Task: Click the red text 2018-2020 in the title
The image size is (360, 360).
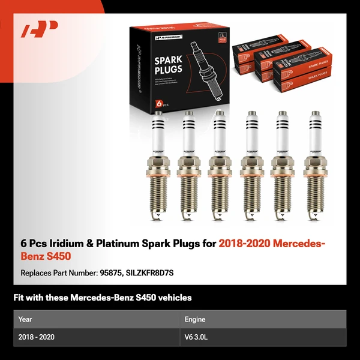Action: [242, 244]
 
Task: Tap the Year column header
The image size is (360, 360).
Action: [26, 319]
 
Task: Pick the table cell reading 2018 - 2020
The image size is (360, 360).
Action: [37, 337]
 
